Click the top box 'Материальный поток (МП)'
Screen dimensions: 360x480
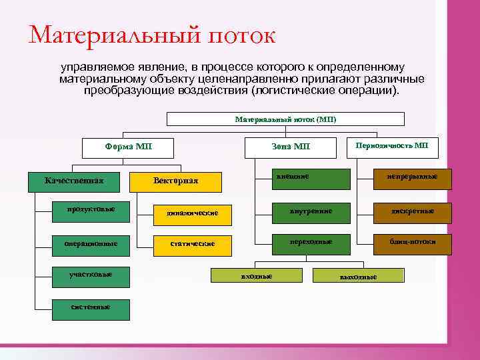pyautogui.click(x=285, y=119)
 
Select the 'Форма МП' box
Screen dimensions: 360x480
pyautogui.click(x=127, y=147)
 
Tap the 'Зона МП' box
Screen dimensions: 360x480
pyautogui.click(x=291, y=147)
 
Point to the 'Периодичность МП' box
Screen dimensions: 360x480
pyautogui.click(x=392, y=146)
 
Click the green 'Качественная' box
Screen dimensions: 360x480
pyautogui.click(x=74, y=181)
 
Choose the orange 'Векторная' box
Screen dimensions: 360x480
pyautogui.click(x=175, y=181)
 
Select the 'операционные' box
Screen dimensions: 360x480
pyautogui.click(x=91, y=244)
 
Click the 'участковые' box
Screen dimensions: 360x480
pyautogui.click(x=91, y=275)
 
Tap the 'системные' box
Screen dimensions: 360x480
pyautogui.click(x=91, y=307)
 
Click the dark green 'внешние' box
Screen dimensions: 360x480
pyautogui.click(x=311, y=178)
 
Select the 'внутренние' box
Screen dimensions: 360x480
pyautogui.click(x=311, y=212)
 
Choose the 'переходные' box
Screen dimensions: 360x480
pyautogui.click(x=311, y=243)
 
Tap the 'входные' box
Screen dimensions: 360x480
pyautogui.click(x=256, y=275)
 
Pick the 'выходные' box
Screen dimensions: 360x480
pyautogui.click(x=358, y=275)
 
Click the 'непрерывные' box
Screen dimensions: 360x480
pyautogui.click(x=412, y=178)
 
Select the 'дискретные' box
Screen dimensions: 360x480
pyautogui.click(x=412, y=212)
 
